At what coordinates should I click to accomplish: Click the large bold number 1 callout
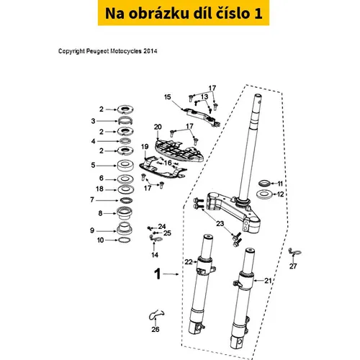(x=157, y=274)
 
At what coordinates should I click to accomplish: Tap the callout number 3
(x=93, y=121)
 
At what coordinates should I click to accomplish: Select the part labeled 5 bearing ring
(x=125, y=166)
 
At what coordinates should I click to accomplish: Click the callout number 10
(x=100, y=240)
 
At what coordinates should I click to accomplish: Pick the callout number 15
(x=167, y=97)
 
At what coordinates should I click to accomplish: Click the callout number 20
(x=158, y=127)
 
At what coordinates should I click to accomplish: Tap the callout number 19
(x=145, y=146)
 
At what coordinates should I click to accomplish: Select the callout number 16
(x=168, y=163)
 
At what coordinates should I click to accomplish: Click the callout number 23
(x=220, y=224)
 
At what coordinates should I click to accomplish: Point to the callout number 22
(x=189, y=261)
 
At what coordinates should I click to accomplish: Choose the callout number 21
(x=268, y=280)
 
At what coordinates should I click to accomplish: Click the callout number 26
(x=156, y=329)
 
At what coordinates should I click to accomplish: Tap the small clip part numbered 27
(x=294, y=253)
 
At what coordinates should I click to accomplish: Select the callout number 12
(x=280, y=194)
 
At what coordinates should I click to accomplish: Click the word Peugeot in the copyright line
(x=97, y=51)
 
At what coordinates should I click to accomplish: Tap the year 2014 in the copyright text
(x=150, y=51)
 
